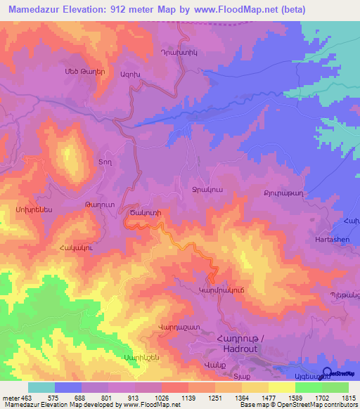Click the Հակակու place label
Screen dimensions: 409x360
[x=74, y=247]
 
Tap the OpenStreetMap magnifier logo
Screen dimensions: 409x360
[x=327, y=372]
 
